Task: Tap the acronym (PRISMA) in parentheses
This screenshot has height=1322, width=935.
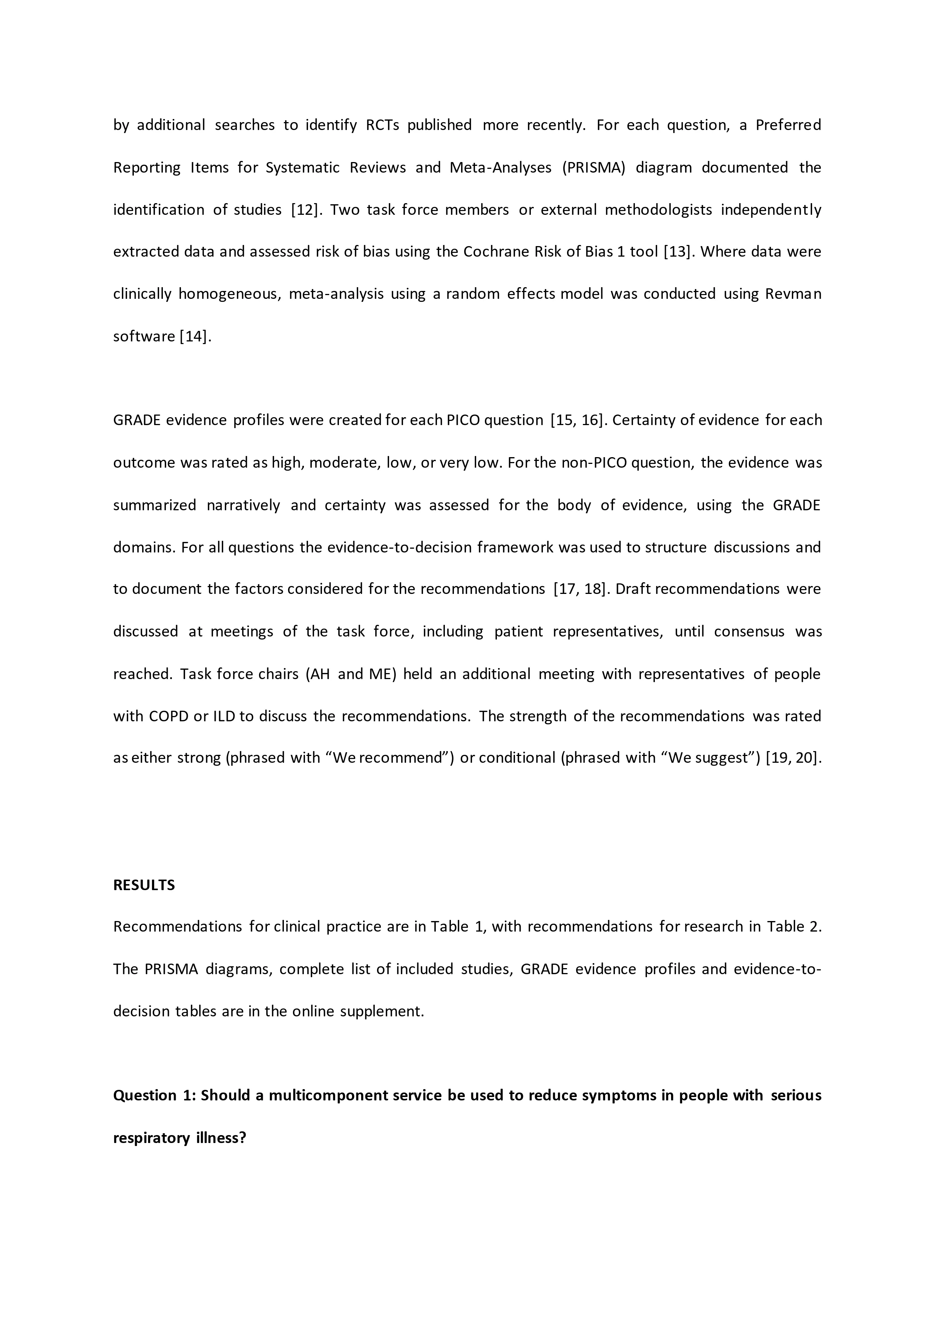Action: coord(594,168)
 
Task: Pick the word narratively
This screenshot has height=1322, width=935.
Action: coord(243,505)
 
